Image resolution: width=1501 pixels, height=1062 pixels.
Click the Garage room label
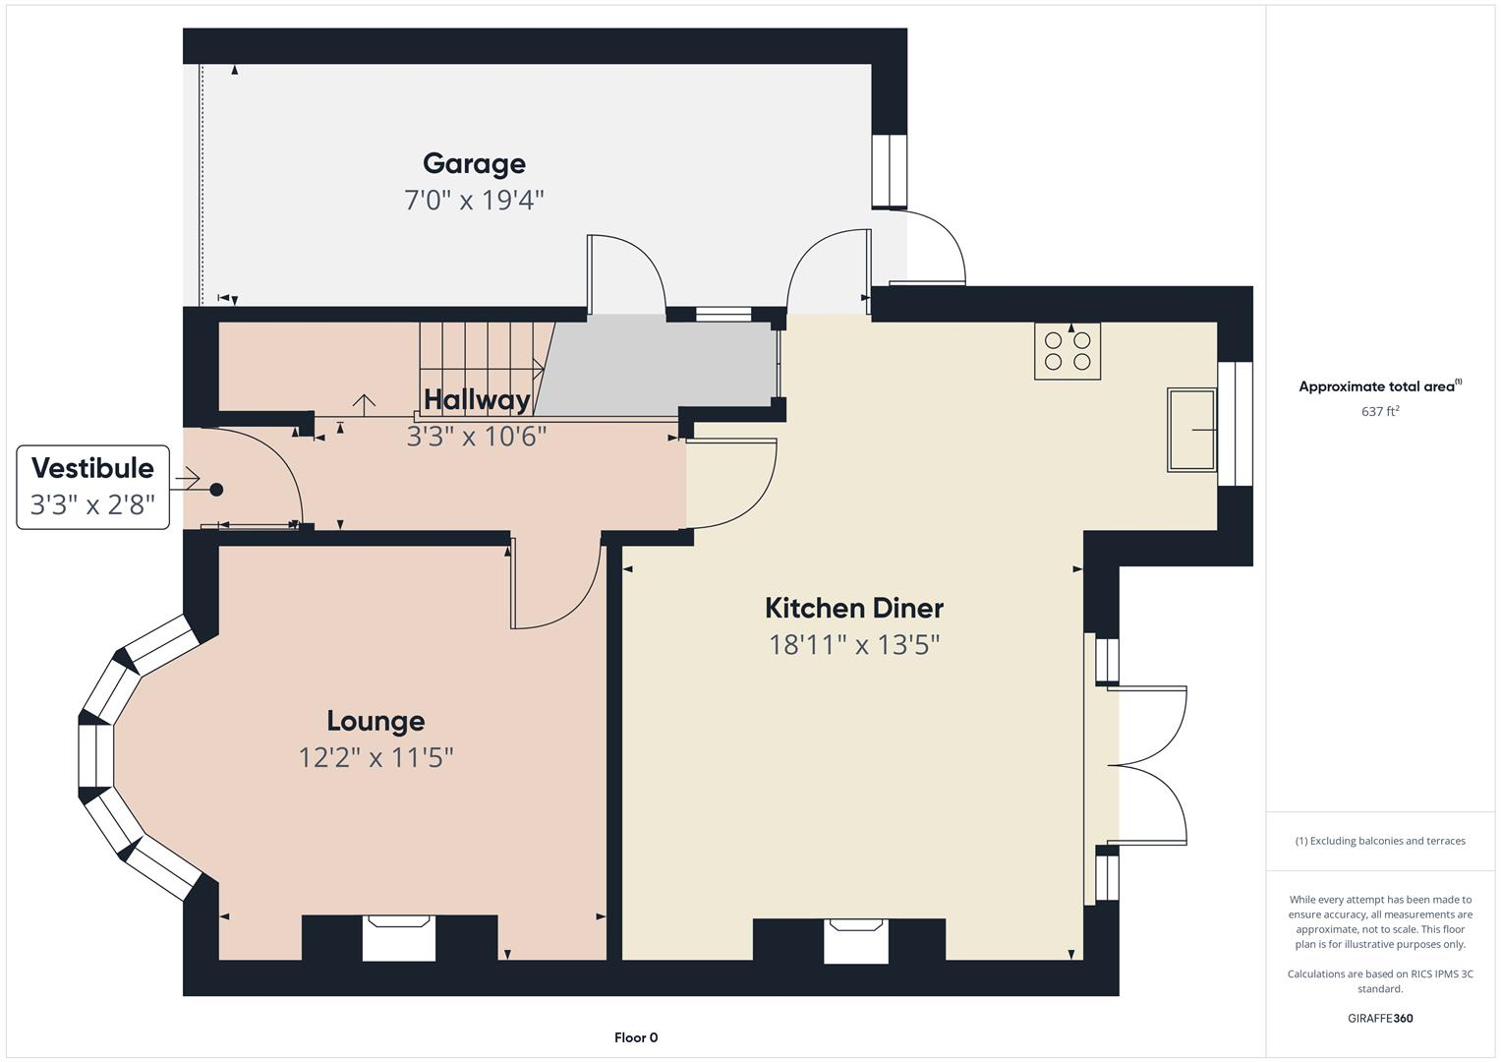[474, 163]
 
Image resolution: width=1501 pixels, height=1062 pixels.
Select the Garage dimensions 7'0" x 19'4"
[474, 201]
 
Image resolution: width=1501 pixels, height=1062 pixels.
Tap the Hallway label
[477, 399]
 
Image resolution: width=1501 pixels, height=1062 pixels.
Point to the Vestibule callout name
[92, 468]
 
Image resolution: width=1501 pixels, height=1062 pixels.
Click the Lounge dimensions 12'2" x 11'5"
[375, 757]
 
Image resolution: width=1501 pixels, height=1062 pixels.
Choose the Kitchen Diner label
[854, 608]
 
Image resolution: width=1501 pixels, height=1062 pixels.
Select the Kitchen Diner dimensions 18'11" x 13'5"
[854, 645]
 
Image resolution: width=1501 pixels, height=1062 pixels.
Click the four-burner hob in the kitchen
[1067, 351]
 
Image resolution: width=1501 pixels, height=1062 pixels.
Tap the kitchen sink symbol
[1191, 430]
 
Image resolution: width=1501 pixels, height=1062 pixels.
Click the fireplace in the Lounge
[398, 937]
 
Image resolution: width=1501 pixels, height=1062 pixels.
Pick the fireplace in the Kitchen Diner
[855, 940]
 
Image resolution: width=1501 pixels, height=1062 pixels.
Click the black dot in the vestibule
[216, 490]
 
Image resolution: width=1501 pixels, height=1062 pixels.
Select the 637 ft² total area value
[1380, 412]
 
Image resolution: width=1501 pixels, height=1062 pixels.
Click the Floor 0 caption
[636, 1037]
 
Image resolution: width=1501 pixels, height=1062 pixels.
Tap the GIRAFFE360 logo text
[1380, 1019]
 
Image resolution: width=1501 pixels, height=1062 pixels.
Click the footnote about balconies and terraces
[1380, 841]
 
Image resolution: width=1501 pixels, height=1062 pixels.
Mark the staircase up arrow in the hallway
[365, 403]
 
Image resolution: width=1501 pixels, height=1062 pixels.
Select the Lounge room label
[375, 721]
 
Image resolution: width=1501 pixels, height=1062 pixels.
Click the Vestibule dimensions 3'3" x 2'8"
[92, 505]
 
